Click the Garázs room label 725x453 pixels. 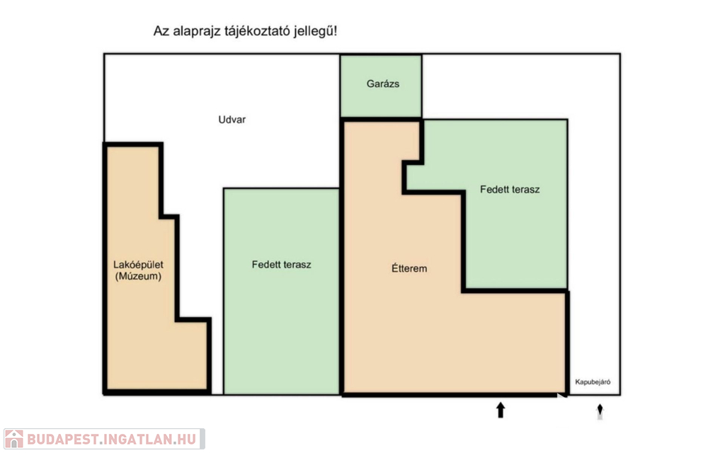383,84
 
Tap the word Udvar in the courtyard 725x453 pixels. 232,119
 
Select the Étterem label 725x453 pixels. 409,268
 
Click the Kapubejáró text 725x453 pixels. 593,382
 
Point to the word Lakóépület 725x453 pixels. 138,265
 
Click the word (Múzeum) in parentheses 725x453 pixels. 138,277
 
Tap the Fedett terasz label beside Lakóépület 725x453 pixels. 281,265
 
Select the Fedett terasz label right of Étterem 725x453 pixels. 510,189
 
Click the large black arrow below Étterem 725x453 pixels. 501,410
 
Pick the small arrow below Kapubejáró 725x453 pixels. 600,411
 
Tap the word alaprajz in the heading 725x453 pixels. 195,31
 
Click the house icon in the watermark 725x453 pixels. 14,439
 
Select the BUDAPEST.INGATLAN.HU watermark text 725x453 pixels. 112,439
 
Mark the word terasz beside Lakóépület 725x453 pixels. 297,265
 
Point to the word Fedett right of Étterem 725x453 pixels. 493,189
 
